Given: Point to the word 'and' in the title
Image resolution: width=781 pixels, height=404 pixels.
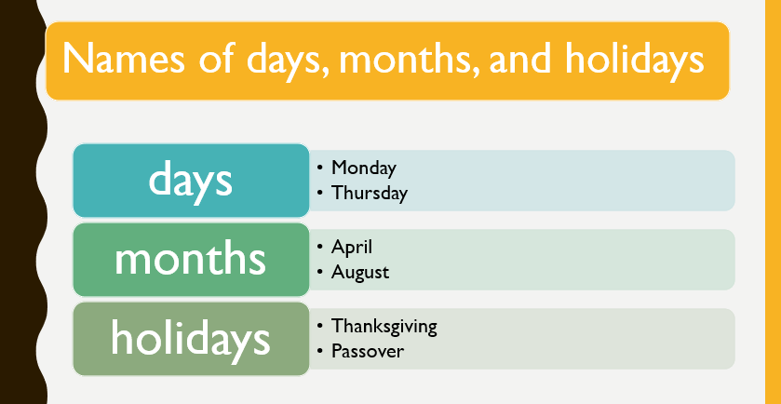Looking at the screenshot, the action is (520, 59).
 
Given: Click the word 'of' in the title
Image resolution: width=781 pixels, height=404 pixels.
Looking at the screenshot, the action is (216, 58).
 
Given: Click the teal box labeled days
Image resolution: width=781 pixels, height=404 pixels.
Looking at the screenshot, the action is (191, 181).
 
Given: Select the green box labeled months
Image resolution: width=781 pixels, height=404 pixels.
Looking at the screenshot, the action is (191, 260).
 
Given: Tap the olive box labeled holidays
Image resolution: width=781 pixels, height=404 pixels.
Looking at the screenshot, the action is (191, 339).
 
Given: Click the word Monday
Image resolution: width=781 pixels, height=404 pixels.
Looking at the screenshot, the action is (364, 168).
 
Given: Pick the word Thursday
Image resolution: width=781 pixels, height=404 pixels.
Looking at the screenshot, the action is (370, 193).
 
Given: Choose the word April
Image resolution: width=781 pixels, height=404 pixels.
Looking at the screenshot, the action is (352, 247).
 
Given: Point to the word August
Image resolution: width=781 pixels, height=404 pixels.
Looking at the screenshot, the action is (360, 273).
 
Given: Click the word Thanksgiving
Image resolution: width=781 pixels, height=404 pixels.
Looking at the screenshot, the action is (384, 327).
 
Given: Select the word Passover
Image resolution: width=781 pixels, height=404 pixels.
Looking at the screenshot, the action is (368, 351).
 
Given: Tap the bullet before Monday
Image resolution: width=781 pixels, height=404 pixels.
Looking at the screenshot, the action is (320, 168).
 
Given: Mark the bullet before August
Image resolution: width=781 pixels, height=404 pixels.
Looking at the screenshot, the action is (320, 273).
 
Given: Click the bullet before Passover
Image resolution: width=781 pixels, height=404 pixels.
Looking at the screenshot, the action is (320, 351).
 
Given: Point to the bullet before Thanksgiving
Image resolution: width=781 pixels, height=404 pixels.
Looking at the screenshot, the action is (320, 327).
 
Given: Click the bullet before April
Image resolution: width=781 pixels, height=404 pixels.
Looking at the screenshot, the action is (320, 247).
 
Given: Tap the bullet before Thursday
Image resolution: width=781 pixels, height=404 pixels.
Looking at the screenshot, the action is (320, 193).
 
